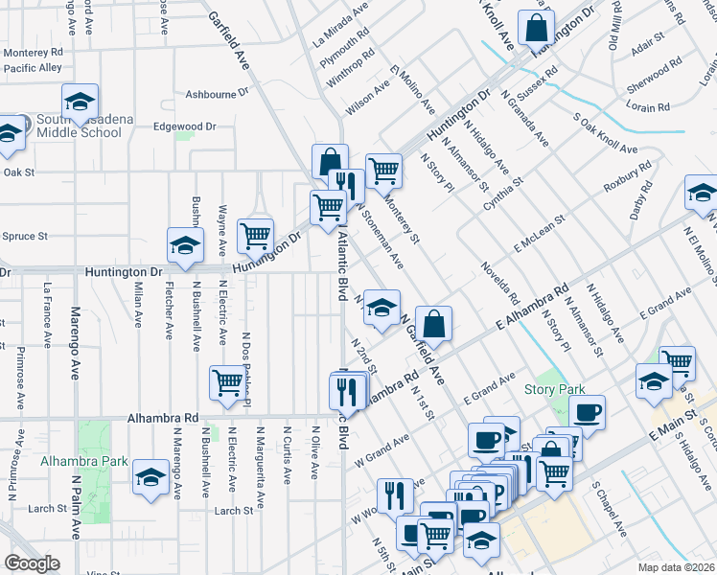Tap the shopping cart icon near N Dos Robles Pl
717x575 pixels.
click(228, 383)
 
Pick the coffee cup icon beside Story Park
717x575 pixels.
click(587, 413)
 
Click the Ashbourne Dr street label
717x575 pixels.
click(217, 95)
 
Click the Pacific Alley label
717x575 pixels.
click(33, 68)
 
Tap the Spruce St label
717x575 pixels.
click(25, 236)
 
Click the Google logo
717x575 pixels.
click(32, 563)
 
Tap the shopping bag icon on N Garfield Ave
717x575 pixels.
click(434, 326)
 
